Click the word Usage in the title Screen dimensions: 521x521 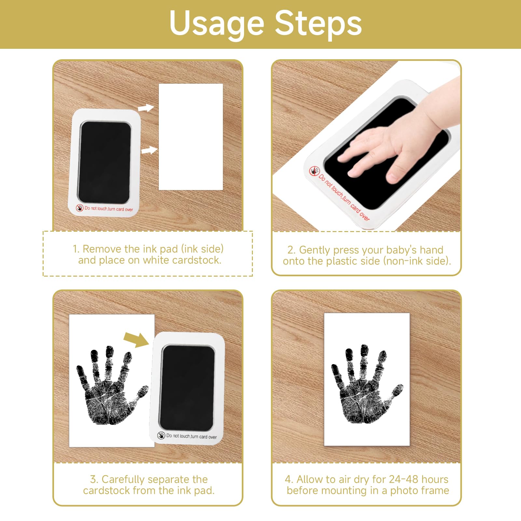pos(217,24)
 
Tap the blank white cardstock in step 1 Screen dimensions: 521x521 pos(191,137)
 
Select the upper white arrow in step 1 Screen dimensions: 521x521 pos(146,108)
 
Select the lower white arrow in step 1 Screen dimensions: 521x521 pos(149,150)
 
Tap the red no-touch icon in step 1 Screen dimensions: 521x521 pos(79,208)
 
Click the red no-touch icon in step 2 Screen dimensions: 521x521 pos(314,171)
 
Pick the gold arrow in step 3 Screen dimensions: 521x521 pos(136,340)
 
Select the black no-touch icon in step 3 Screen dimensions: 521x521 pos(161,435)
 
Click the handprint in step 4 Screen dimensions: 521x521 pos(366,384)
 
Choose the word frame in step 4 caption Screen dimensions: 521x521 pos(434,490)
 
